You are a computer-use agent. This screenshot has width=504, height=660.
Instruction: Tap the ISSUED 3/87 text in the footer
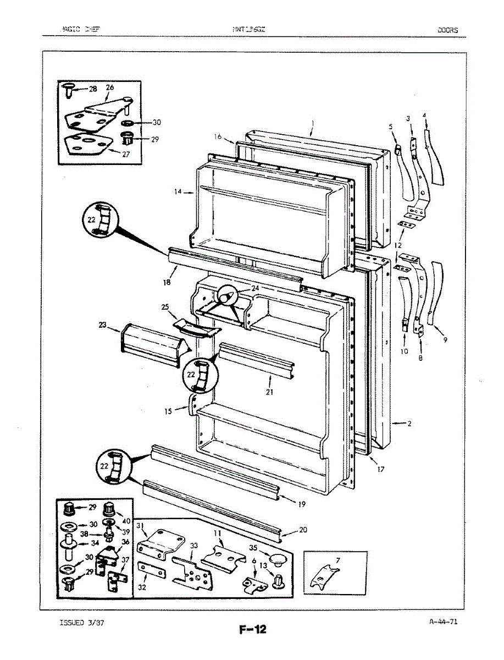point(81,623)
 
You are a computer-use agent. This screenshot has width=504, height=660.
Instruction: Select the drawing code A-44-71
point(443,622)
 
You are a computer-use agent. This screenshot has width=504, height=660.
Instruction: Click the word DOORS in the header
point(447,30)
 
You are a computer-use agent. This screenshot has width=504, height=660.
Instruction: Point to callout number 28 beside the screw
point(92,89)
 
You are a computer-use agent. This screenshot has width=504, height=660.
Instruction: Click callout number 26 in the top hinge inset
point(110,87)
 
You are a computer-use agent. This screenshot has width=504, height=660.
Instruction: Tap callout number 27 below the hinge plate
point(126,155)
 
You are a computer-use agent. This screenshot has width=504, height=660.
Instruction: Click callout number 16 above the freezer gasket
point(218,136)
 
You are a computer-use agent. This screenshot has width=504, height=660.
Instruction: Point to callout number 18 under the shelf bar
point(167,282)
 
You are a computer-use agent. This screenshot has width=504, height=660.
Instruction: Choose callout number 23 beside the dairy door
point(103,325)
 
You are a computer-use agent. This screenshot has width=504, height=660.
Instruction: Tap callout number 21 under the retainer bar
point(269,392)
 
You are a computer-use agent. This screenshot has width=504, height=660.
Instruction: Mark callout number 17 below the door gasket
point(380,469)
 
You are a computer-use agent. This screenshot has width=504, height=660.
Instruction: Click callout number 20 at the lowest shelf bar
point(303,530)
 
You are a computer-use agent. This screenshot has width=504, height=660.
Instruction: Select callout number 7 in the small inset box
point(338,560)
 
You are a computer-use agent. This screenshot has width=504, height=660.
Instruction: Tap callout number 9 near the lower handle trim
point(445,340)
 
